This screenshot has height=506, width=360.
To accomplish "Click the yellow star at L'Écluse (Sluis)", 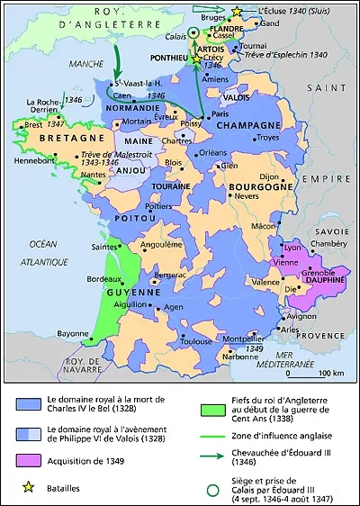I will [x=238, y=11].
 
